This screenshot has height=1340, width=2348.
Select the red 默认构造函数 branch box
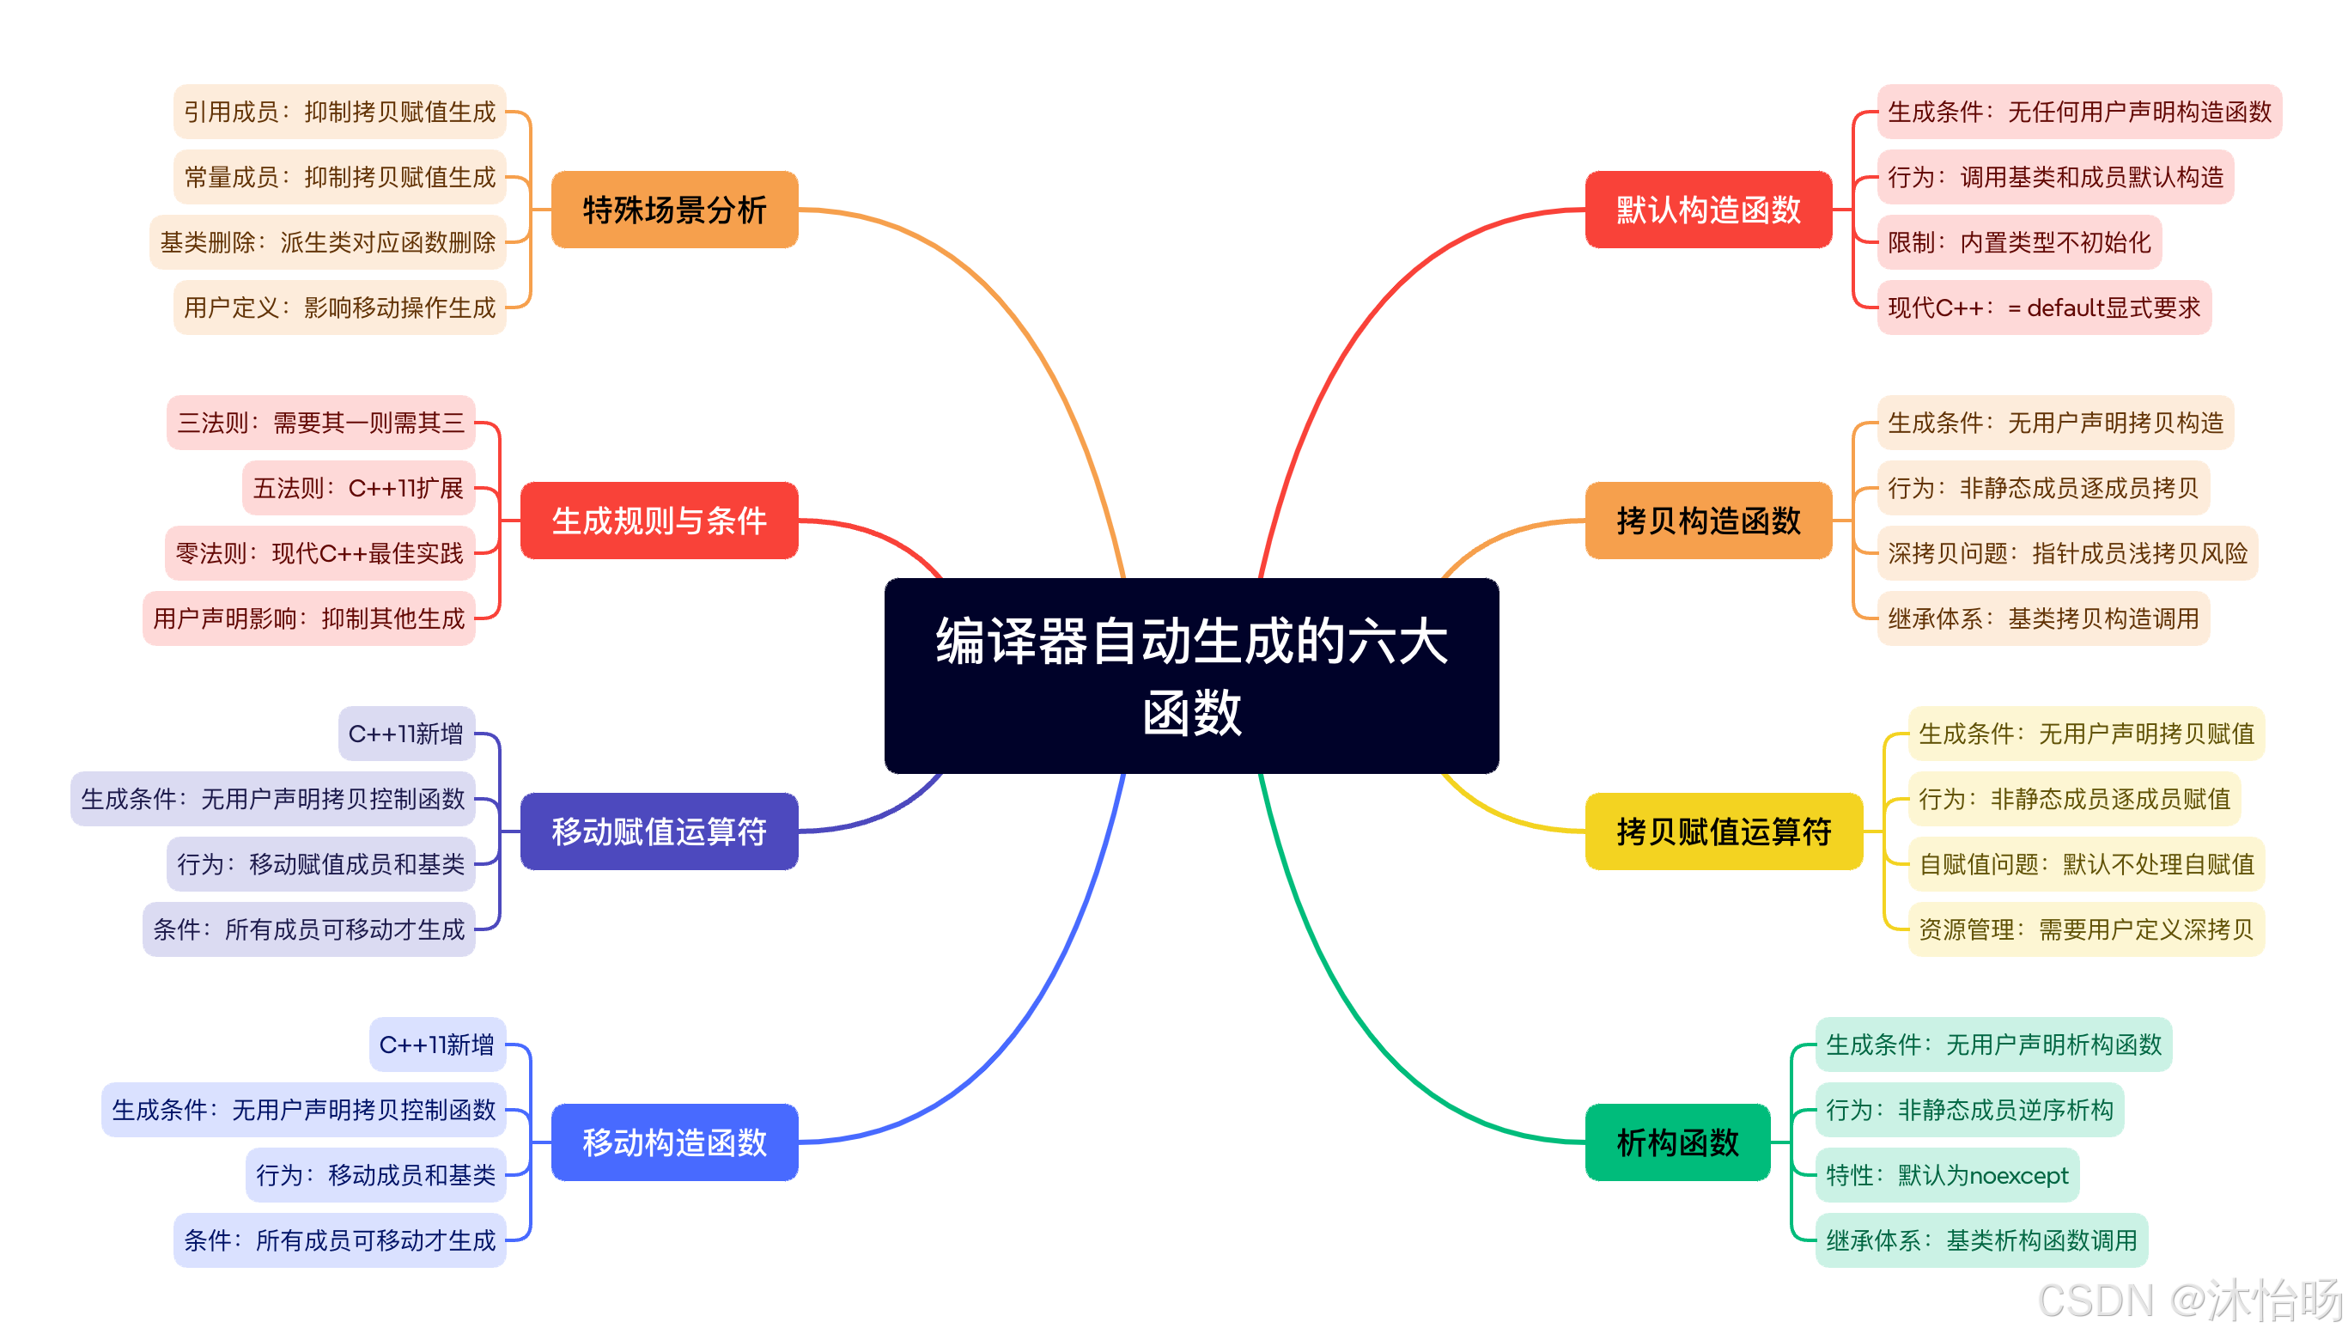click(x=1707, y=210)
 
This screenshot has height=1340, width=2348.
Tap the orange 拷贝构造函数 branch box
click(x=1707, y=520)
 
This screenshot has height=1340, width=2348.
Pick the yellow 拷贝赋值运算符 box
click(x=1724, y=831)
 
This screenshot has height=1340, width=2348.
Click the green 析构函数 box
click(x=1677, y=1142)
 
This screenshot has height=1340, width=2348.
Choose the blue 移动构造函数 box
click(x=674, y=1142)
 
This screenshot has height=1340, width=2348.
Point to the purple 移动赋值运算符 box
click(x=659, y=831)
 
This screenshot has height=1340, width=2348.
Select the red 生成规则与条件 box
click(x=659, y=520)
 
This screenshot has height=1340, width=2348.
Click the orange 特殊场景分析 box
click(x=674, y=210)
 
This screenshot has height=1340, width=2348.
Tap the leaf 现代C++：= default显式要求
click(x=2043, y=308)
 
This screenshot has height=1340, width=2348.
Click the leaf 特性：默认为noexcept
click(x=1946, y=1175)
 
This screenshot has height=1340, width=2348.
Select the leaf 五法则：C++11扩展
click(x=358, y=488)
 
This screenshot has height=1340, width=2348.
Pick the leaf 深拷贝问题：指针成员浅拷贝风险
click(x=2066, y=553)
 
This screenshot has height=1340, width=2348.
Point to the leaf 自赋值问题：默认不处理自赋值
click(x=2086, y=864)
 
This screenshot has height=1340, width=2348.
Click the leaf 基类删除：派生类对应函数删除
click(x=327, y=242)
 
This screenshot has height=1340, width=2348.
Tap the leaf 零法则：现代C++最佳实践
click(x=319, y=553)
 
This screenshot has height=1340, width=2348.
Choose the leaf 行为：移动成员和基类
click(x=375, y=1175)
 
